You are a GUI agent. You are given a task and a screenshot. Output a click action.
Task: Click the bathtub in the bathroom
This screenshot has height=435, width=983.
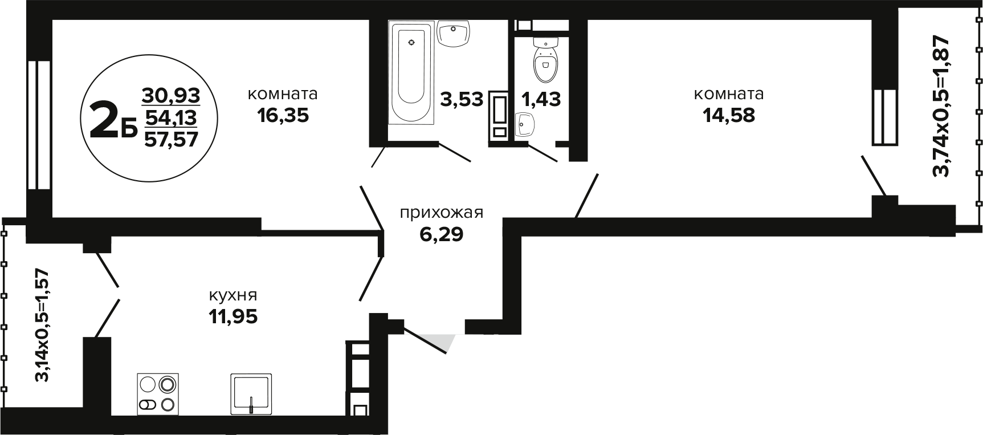pyautogui.click(x=411, y=72)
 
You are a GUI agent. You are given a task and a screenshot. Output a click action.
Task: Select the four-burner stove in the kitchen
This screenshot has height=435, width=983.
pyautogui.click(x=158, y=393)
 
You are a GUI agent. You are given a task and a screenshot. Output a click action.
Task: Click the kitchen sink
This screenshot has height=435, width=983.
pyautogui.click(x=251, y=393)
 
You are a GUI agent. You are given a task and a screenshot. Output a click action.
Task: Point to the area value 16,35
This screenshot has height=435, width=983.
pyautogui.click(x=283, y=115)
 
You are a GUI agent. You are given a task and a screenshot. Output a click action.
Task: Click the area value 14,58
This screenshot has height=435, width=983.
pyautogui.click(x=729, y=115)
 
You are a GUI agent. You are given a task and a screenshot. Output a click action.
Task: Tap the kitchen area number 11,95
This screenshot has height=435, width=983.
pyautogui.click(x=233, y=316)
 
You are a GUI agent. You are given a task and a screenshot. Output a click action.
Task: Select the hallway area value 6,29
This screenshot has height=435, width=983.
pyautogui.click(x=441, y=234)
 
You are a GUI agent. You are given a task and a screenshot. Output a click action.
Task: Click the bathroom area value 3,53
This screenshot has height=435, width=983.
pyautogui.click(x=462, y=99)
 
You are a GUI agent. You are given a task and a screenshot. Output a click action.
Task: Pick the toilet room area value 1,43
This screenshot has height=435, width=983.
pyautogui.click(x=541, y=99)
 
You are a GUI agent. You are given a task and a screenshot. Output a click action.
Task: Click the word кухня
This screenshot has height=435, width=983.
pyautogui.click(x=233, y=296)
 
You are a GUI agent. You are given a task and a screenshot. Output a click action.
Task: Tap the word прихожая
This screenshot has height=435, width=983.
pyautogui.click(x=441, y=213)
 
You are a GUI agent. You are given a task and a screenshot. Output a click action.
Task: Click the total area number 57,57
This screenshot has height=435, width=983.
pyautogui.click(x=171, y=139)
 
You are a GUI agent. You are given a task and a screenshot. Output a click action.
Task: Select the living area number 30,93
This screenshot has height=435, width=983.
pyautogui.click(x=171, y=95)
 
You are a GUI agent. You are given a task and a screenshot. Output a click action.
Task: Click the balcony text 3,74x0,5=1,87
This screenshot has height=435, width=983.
pyautogui.click(x=941, y=106)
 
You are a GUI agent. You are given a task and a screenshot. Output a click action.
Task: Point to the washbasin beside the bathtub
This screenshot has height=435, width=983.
pyautogui.click(x=454, y=34)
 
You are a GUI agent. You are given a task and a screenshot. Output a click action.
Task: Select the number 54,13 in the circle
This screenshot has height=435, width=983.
pyautogui.click(x=171, y=117)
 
